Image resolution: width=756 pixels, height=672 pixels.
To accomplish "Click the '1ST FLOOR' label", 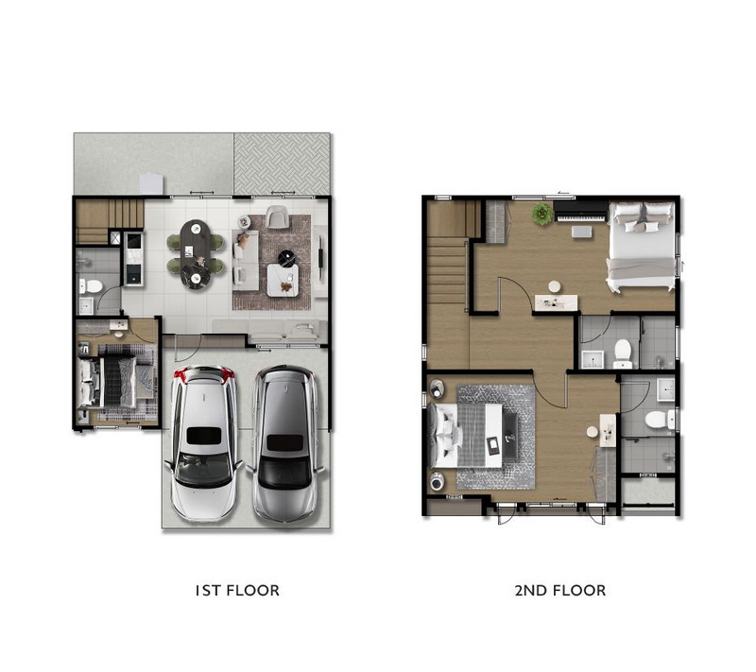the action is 237,591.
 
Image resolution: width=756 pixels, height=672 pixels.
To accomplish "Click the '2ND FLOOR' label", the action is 559,591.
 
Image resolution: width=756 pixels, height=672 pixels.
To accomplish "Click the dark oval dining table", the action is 196,253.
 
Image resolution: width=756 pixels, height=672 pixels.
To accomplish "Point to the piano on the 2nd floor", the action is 580,212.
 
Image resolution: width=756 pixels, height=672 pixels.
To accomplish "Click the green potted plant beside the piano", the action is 542,214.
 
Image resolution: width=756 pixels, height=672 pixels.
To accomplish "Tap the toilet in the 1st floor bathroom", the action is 90,286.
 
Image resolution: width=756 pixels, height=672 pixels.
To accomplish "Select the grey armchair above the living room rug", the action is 277,217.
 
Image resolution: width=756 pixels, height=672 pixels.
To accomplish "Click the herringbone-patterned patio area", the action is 282,164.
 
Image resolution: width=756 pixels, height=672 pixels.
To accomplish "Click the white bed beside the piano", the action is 641,247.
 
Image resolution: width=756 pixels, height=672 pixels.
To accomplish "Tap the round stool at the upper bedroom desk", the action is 555,287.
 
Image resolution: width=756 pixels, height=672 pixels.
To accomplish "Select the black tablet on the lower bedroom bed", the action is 493,445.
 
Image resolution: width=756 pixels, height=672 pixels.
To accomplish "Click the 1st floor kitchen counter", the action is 132,259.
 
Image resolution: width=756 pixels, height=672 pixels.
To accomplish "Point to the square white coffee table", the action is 283,280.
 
